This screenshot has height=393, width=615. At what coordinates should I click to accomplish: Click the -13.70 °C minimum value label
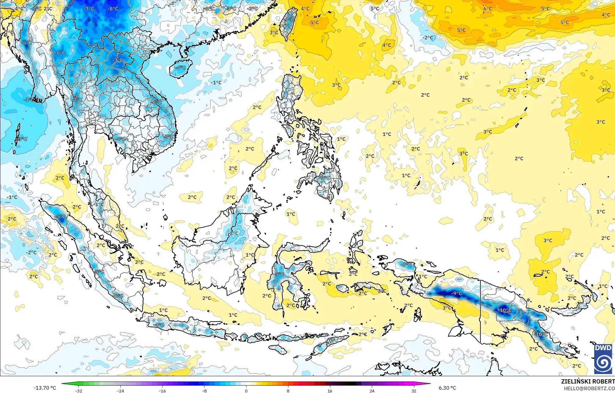45,388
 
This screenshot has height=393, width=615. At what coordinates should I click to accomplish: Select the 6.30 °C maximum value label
447,388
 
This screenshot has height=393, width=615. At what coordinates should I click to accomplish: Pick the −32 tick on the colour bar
79,391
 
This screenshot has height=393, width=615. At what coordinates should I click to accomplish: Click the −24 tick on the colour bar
120,391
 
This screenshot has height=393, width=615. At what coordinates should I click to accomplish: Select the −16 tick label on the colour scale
162,391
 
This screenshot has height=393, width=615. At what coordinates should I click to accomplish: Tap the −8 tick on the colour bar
204,391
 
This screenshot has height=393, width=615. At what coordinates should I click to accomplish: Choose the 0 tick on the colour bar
246,391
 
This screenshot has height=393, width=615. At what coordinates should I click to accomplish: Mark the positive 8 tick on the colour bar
288,391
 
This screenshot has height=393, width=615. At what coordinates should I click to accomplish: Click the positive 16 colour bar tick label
330,391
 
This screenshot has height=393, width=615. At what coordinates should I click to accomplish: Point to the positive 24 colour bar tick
372,391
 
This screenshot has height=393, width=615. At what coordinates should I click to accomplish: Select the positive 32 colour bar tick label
414,391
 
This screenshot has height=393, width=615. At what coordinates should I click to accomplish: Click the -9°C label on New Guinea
457,293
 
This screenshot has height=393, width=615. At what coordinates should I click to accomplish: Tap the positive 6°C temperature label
488,9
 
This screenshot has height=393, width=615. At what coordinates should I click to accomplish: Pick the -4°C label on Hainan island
180,67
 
